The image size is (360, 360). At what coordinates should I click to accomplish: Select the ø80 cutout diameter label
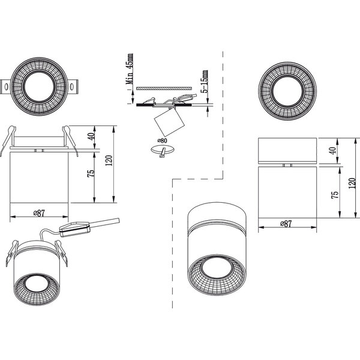tap(162, 141)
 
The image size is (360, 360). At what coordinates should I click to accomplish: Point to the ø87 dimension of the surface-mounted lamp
tap(286, 223)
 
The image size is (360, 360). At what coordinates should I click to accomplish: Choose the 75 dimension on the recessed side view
tap(91, 174)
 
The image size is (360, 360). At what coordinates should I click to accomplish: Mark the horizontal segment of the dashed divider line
tap(197, 179)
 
